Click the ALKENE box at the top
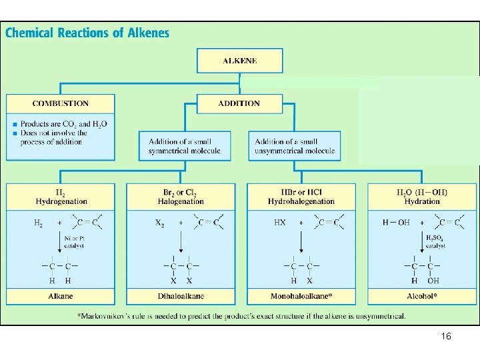(239, 61)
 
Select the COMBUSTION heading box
(60, 103)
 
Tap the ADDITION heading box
(239, 103)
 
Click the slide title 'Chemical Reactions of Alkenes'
(87, 32)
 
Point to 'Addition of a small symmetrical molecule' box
(185, 146)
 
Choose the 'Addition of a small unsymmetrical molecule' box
(295, 146)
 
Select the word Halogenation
(181, 201)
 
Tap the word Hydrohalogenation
(301, 201)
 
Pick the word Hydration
(422, 201)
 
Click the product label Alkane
(60, 296)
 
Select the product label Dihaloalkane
(181, 296)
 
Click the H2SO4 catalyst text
(435, 241)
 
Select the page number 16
(446, 337)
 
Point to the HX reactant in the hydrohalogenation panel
(280, 223)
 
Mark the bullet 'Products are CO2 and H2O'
(63, 124)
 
